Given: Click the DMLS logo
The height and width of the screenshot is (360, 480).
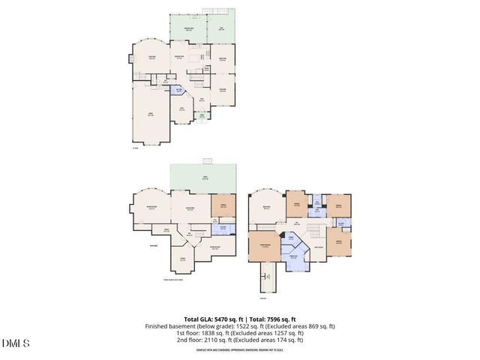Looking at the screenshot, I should [x=16, y=343].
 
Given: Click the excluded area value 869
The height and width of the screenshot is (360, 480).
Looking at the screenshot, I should [x=307, y=326].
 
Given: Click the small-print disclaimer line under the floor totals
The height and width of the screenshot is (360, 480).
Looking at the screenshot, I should [x=239, y=349].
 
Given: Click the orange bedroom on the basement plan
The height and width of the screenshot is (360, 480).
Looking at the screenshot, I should [x=223, y=205].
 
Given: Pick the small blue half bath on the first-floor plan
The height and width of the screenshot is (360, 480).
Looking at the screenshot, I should [x=178, y=91].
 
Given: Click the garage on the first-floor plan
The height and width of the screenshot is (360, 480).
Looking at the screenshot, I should [x=151, y=114].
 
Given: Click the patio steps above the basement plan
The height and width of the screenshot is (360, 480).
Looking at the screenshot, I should [x=206, y=161].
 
